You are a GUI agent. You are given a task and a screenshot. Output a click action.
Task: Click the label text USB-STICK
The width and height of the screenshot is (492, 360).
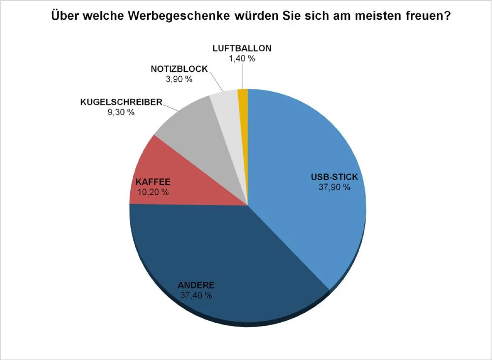click(335, 178)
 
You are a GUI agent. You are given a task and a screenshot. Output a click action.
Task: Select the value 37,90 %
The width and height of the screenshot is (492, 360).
click(335, 187)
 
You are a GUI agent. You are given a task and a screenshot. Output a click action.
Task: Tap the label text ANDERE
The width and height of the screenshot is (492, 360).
click(196, 285)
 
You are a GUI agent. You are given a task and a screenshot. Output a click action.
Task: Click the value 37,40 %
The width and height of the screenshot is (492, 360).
click(196, 295)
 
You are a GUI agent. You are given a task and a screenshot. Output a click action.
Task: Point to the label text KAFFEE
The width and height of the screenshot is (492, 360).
click(153, 182)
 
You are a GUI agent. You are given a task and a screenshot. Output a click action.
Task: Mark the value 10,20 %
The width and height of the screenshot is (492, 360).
click(153, 191)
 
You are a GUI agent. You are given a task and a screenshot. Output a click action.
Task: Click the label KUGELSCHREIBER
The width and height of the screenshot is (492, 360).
click(121, 102)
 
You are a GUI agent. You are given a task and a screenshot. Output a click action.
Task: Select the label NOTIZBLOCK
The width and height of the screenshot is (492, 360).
click(179, 69)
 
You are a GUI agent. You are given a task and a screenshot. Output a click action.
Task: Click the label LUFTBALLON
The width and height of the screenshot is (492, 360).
click(242, 48)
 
